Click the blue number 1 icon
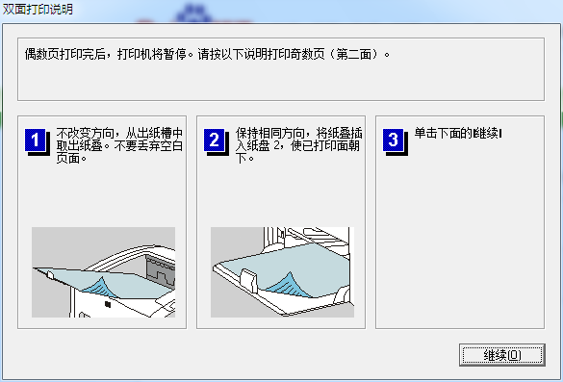point(35,140)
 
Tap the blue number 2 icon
point(214,140)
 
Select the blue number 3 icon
point(393,140)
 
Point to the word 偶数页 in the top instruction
point(40,55)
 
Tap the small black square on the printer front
point(107,307)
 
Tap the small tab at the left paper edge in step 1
point(46,273)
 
